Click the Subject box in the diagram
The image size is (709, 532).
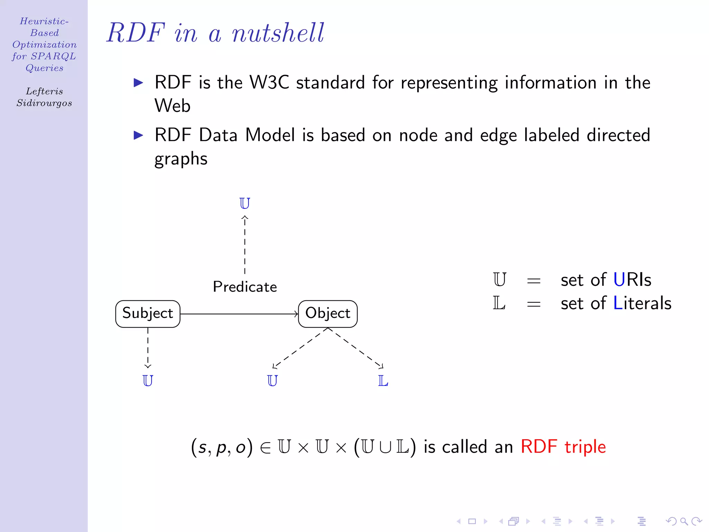pyautogui.click(x=148, y=314)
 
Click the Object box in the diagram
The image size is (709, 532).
pyautogui.click(x=327, y=314)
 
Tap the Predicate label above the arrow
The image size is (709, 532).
pyautogui.click(x=245, y=287)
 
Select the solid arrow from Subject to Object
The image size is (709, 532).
pyautogui.click(x=239, y=314)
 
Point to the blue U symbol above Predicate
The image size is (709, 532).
pyautogui.click(x=244, y=203)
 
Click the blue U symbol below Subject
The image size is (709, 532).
pyautogui.click(x=148, y=381)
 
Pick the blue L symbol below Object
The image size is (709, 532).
pyautogui.click(x=383, y=381)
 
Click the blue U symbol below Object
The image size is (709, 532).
pyautogui.click(x=272, y=381)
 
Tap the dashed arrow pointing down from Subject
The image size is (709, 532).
pyautogui.click(x=148, y=348)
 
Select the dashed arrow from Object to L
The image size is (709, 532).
pyautogui.click(x=357, y=348)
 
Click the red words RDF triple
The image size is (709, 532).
pyautogui.click(x=563, y=446)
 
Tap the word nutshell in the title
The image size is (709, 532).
pyautogui.click(x=278, y=33)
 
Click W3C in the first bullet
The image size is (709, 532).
pyautogui.click(x=269, y=82)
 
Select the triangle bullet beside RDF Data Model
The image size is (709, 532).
pyautogui.click(x=138, y=135)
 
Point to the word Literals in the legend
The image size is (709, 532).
pyautogui.click(x=642, y=303)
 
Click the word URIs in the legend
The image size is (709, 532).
pyautogui.click(x=632, y=280)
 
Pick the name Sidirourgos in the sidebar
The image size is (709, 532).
pyautogui.click(x=44, y=103)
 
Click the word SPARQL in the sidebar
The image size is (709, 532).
pyautogui.click(x=53, y=56)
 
